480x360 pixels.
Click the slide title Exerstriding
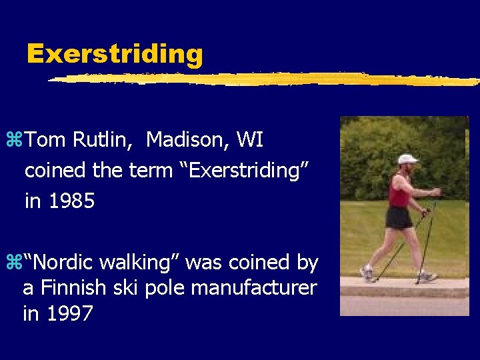(x=115, y=53)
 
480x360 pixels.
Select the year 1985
(x=60, y=201)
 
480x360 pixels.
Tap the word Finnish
(x=70, y=288)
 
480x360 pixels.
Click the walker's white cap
(x=407, y=159)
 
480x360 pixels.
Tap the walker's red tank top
(x=400, y=195)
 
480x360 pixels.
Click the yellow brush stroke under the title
(x=267, y=79)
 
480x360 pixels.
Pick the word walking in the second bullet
(x=138, y=263)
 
